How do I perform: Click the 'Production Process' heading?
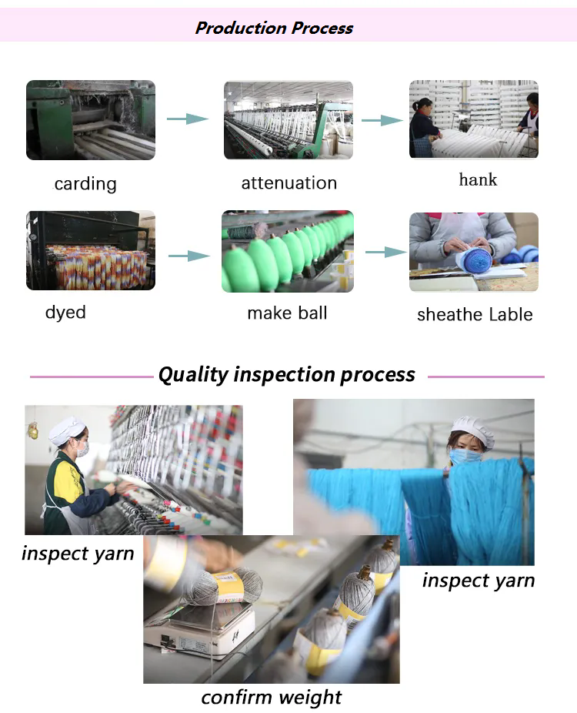tap(274, 28)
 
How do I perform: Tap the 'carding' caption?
tap(85, 184)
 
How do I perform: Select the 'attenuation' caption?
tap(289, 182)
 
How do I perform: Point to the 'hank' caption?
tap(478, 179)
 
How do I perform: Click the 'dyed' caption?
tap(65, 313)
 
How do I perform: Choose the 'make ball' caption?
tap(287, 313)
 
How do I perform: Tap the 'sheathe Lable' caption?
tap(475, 314)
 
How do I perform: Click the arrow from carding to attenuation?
tap(188, 119)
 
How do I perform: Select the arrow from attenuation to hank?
tap(382, 120)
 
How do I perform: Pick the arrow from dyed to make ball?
tap(189, 256)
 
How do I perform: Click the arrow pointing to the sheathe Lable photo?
tap(386, 252)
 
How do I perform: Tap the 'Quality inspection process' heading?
tap(287, 375)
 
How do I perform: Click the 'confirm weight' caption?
tap(272, 697)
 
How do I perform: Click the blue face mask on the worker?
tap(465, 456)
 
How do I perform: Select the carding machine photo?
tap(91, 120)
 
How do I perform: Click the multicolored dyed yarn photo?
tap(91, 250)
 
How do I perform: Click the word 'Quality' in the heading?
tap(194, 375)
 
